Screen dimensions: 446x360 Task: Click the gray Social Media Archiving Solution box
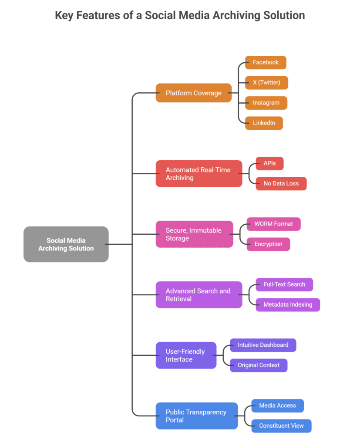pos(66,244)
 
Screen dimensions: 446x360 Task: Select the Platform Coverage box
pos(193,93)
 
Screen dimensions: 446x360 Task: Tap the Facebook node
pos(266,62)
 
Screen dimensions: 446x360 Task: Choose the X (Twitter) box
pos(266,82)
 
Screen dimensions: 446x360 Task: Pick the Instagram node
pos(266,103)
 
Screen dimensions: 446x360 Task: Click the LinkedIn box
pos(264,123)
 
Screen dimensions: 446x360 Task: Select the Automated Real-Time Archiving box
pos(199,174)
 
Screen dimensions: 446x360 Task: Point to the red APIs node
pos(269,163)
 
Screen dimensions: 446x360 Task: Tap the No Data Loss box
pos(281,183)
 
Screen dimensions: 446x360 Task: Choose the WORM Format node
pos(273,224)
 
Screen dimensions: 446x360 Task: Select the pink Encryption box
pos(268,244)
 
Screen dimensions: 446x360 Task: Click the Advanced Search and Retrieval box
pos(199,295)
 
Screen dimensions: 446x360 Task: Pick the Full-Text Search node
pos(284,284)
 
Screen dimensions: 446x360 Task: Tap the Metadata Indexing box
pos(288,304)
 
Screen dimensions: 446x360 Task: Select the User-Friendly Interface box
pos(186,355)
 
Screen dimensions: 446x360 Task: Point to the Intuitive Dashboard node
pos(263,345)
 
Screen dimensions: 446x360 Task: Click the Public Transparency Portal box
pos(197,416)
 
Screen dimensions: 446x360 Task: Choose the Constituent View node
pos(281,426)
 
